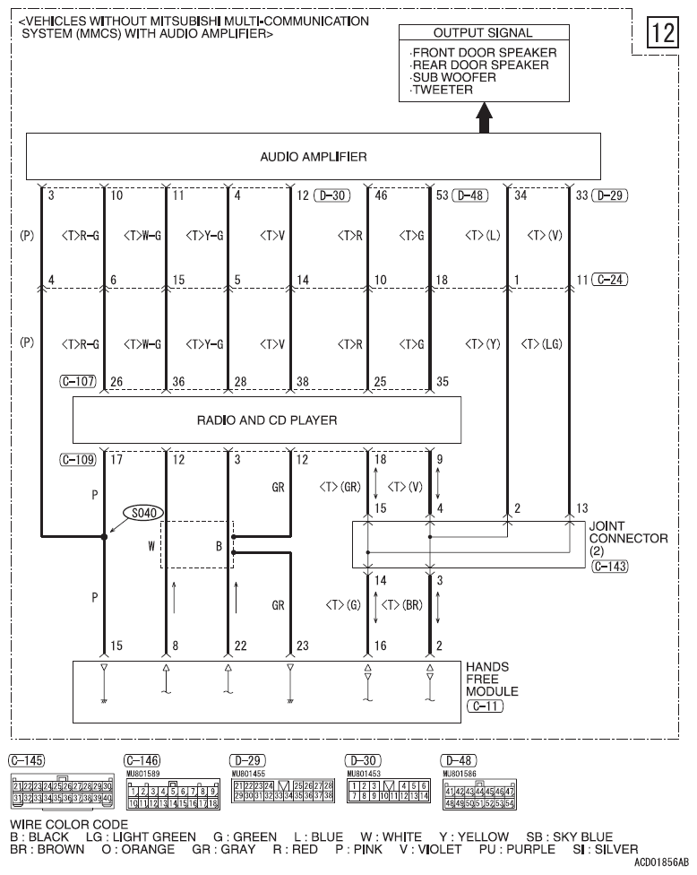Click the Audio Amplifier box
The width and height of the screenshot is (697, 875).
[x=313, y=157]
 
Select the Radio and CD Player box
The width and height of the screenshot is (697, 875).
[x=266, y=419]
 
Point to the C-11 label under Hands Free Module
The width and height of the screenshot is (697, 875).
[x=484, y=706]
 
